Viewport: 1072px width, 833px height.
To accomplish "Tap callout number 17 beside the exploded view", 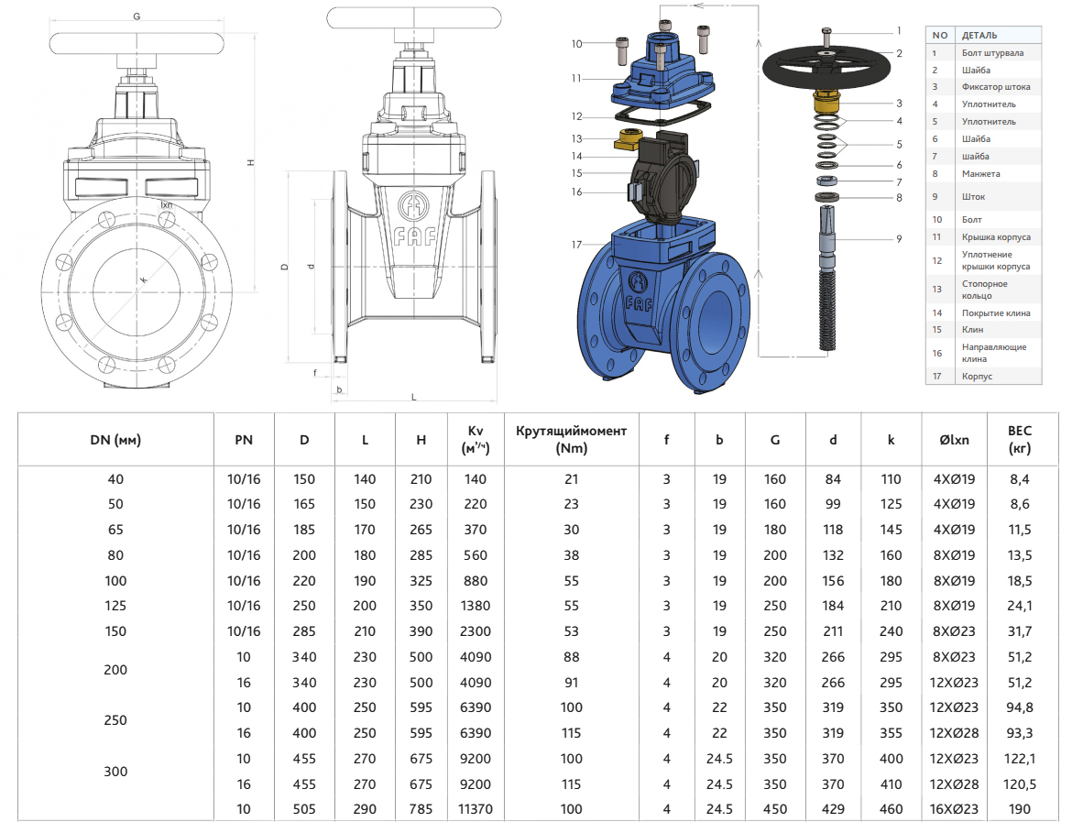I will tap(576, 245).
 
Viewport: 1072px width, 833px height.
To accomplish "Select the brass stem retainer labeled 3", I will tap(826, 101).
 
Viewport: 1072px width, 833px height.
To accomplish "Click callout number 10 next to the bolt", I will tap(576, 43).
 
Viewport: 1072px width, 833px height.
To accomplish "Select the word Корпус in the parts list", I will tap(977, 377).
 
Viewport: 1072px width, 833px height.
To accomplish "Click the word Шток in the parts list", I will tap(973, 196).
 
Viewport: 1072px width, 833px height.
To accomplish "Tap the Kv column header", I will tap(476, 439).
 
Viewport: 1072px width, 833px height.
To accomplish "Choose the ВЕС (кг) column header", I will tap(1019, 439).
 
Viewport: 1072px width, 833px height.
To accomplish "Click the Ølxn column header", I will tap(954, 440).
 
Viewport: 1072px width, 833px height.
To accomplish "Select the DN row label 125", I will tap(115, 606).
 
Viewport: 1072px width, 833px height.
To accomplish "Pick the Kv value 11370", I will tap(476, 809).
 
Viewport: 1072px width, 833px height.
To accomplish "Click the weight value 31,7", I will tap(1019, 631).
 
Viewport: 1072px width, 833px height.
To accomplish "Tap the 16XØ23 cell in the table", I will tap(954, 809).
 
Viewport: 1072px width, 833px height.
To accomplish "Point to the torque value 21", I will tap(572, 479).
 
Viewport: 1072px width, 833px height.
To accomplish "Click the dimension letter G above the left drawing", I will tap(137, 16).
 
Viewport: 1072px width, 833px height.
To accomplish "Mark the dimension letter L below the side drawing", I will tap(414, 397).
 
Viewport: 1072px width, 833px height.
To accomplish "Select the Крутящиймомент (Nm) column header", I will tap(572, 439).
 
